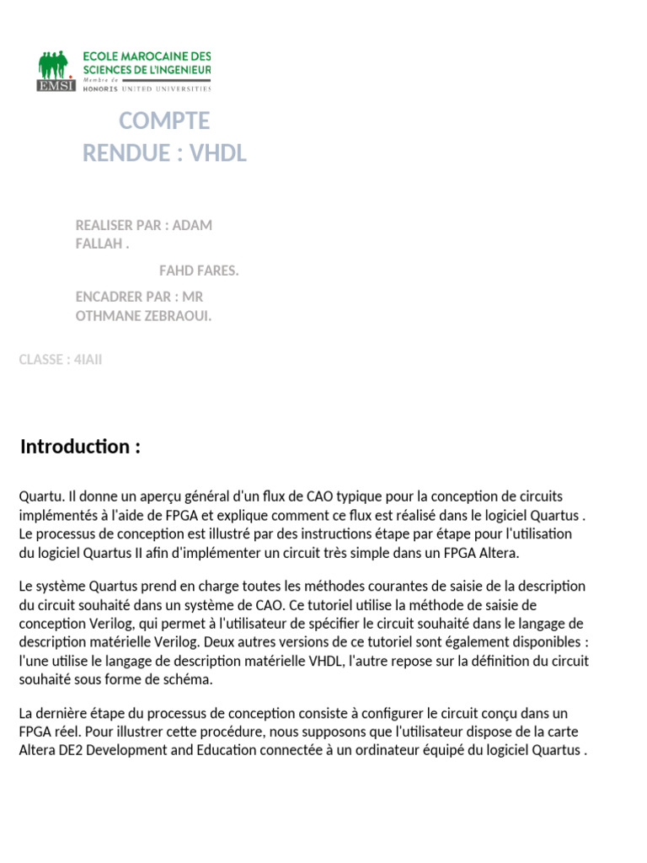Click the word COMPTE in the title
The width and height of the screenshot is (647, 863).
[163, 121]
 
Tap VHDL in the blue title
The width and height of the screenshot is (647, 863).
[219, 153]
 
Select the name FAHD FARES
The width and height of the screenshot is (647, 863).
[199, 271]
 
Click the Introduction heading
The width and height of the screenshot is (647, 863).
[80, 447]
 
